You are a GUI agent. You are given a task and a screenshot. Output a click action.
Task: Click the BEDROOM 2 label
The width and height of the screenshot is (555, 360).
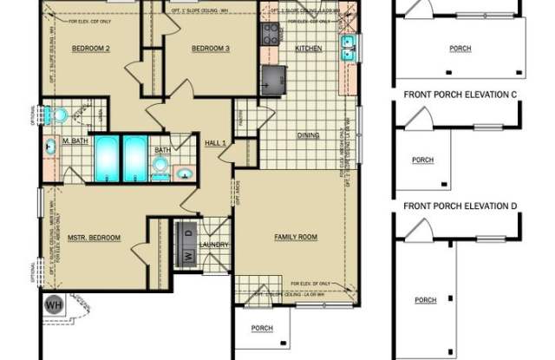(x=89, y=48)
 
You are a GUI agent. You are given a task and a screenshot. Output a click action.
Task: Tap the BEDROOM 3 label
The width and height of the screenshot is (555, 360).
(x=210, y=48)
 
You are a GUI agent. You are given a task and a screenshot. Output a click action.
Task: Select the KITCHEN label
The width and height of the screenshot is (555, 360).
(x=309, y=49)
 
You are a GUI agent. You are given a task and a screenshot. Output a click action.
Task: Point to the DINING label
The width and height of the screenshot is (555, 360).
(x=308, y=135)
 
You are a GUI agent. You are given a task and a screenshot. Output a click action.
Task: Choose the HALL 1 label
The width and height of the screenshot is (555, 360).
(x=215, y=141)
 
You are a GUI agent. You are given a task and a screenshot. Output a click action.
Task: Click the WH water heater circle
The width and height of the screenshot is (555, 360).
(x=52, y=304)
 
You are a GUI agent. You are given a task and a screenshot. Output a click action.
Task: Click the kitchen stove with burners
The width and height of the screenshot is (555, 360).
(x=268, y=36)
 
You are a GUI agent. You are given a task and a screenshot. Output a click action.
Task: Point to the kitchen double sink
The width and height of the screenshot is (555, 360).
(x=350, y=46)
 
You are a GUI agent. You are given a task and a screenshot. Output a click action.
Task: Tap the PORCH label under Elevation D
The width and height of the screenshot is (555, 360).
(x=425, y=300)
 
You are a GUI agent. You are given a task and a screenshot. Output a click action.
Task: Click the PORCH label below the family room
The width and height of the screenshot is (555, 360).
(x=262, y=328)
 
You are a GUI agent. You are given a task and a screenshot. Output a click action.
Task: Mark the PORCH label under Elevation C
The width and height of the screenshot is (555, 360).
(x=423, y=160)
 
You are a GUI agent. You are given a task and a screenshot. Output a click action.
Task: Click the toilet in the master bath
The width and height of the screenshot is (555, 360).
(x=58, y=113)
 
